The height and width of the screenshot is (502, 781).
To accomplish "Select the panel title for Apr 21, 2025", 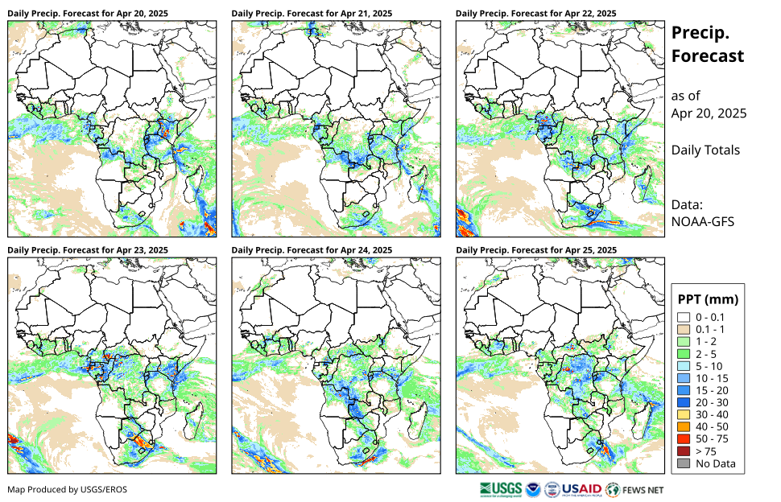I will (312, 14).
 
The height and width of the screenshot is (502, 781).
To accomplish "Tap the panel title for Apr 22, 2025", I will (536, 14).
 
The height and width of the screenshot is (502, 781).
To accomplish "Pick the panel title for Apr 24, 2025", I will (312, 250).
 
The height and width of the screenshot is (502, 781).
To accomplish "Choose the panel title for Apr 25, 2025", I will (536, 250).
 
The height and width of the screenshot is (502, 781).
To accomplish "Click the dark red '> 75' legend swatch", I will (684, 451).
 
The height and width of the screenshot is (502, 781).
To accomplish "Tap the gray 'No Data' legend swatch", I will (684, 463).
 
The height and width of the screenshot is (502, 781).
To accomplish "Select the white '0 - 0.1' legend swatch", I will (684, 317).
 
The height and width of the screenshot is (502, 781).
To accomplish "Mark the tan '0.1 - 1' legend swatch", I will (684, 329).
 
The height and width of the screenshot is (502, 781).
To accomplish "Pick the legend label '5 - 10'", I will (709, 366).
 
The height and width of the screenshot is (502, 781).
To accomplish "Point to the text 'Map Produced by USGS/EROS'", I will (68, 489).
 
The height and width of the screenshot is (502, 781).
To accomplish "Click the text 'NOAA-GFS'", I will (703, 221).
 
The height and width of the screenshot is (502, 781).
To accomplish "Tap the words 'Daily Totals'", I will (705, 150).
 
